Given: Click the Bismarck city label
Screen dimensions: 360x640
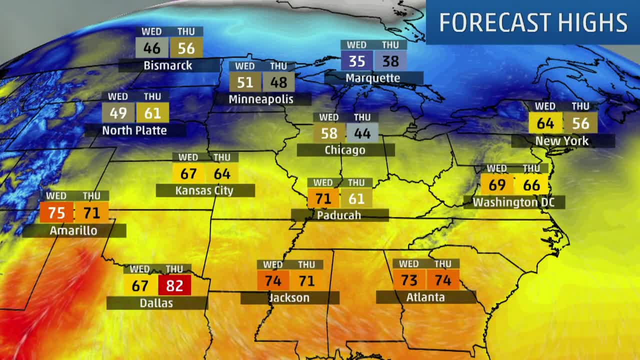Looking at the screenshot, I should [167, 65].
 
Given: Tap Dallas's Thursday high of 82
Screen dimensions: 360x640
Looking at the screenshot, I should [174, 285].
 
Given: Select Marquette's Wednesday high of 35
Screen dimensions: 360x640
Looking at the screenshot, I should [356, 61].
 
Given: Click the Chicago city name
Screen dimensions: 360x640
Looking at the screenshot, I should [344, 150].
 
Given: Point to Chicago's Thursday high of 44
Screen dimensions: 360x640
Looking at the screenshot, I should [362, 133].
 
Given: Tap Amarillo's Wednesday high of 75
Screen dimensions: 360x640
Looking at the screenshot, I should [56, 212].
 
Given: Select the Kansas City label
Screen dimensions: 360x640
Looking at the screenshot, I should [204, 190].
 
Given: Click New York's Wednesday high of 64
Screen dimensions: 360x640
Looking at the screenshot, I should [545, 123].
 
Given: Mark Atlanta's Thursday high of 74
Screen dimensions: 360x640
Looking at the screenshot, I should [442, 280].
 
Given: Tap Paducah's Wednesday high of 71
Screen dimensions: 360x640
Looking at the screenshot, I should [323, 198].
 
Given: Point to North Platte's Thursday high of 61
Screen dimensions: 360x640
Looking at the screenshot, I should [152, 113].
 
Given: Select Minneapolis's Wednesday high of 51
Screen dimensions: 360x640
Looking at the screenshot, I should [245, 82].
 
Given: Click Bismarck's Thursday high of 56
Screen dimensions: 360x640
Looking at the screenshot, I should [186, 48].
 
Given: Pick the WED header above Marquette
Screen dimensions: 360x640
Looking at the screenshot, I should [356, 45].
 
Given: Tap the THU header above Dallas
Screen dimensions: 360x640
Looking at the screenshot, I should [174, 269].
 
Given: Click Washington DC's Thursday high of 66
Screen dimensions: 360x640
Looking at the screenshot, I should [531, 185].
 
